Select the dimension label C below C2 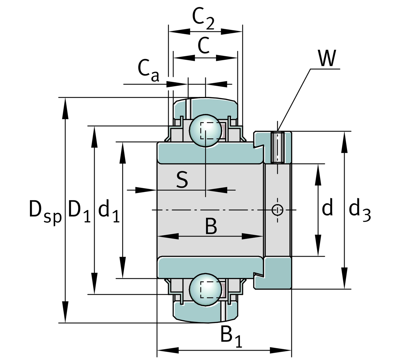204,46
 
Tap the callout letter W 327,58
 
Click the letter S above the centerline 182,180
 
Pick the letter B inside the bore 211,227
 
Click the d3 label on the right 359,210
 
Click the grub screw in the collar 277,147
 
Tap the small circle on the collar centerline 277,210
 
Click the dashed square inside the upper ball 210,130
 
